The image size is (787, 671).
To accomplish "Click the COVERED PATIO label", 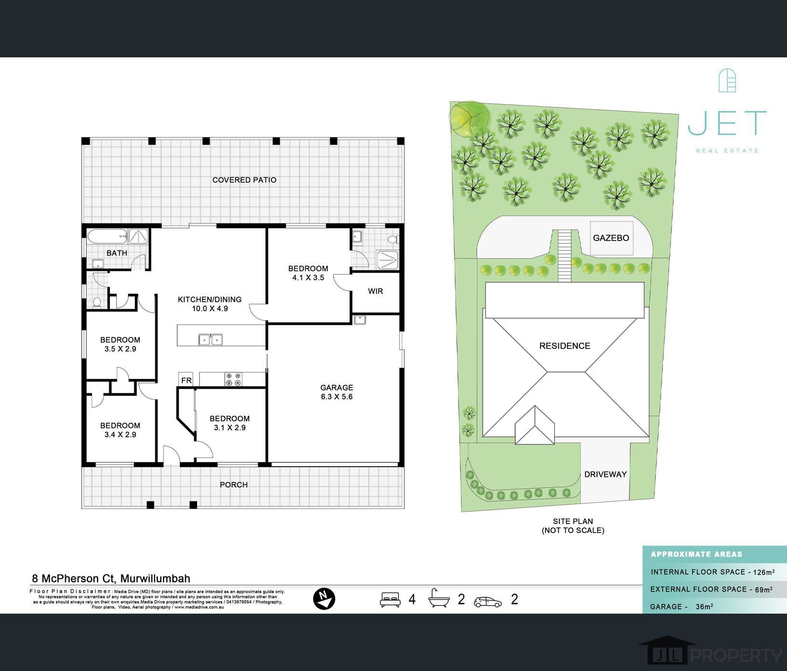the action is click(x=244, y=180).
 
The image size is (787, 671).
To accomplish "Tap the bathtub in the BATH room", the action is click(x=108, y=236).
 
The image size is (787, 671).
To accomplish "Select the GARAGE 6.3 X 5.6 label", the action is click(x=337, y=392).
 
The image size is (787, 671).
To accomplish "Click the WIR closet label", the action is click(x=375, y=291).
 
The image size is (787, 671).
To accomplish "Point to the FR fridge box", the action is click(x=186, y=380).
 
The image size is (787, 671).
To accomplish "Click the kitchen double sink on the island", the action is click(x=210, y=339).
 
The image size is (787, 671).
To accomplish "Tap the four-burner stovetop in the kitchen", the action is click(x=233, y=379).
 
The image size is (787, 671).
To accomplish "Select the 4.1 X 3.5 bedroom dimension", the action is click(x=308, y=278).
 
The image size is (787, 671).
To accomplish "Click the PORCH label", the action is click(x=234, y=484).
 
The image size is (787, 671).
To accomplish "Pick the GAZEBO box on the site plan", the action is click(x=611, y=238).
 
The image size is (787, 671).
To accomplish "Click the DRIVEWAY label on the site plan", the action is click(x=605, y=474).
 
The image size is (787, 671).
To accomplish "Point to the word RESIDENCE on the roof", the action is click(x=565, y=346).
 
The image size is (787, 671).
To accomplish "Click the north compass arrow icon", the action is click(x=324, y=599).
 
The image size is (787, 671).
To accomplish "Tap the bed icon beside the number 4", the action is click(x=390, y=599).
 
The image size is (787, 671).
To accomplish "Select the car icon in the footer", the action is click(x=488, y=602).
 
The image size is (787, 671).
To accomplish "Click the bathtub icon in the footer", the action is click(x=439, y=598).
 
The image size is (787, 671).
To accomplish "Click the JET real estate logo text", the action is click(x=727, y=123).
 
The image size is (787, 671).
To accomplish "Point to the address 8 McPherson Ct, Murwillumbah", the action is click(x=111, y=578).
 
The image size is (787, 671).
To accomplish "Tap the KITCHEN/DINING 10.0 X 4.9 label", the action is click(x=210, y=304).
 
